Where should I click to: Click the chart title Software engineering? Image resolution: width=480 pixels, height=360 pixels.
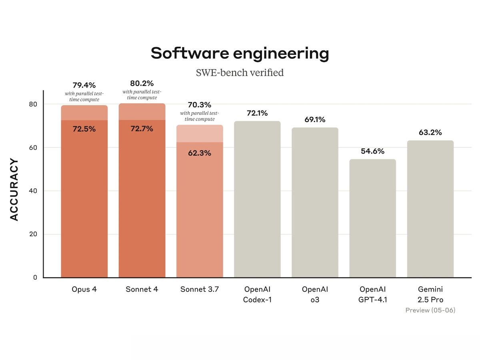(x=240, y=54)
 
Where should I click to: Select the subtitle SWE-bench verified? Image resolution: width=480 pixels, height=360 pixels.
(x=240, y=73)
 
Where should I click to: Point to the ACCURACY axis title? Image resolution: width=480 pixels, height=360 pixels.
(x=14, y=190)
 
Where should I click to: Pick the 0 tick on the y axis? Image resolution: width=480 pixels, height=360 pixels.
(x=35, y=278)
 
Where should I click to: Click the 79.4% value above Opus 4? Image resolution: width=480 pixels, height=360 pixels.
(x=84, y=85)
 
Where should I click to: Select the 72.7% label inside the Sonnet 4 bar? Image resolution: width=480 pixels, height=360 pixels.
(x=142, y=129)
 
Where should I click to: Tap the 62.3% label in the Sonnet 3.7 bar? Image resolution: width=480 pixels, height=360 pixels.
(x=199, y=153)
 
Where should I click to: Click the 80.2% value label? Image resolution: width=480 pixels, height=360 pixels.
(x=142, y=84)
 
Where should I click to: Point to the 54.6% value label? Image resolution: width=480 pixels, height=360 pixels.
(x=372, y=151)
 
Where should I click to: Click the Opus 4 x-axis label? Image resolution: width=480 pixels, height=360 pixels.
(x=84, y=289)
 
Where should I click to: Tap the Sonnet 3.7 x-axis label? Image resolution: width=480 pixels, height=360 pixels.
(x=199, y=289)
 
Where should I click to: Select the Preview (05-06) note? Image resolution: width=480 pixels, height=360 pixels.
(x=430, y=310)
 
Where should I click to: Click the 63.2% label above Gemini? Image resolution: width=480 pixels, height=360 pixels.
(x=430, y=132)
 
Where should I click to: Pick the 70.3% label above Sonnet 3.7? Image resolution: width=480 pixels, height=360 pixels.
(x=199, y=105)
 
